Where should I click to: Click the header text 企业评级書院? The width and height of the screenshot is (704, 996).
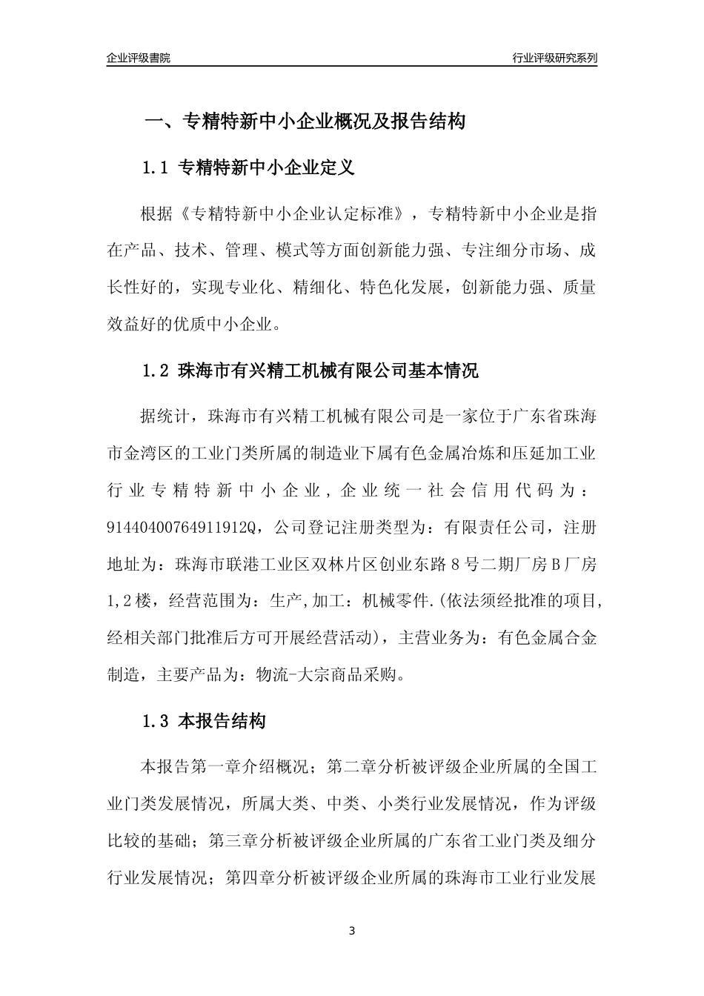(x=138, y=58)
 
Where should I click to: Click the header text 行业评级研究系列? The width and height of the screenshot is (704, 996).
(x=554, y=58)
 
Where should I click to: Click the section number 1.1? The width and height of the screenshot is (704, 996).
(x=156, y=168)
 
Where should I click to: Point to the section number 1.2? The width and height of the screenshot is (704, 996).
(x=156, y=371)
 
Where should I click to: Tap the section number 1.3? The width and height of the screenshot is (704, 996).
(x=156, y=721)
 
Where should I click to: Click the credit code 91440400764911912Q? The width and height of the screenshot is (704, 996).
(x=181, y=528)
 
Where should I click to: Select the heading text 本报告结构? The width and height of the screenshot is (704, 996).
(x=222, y=721)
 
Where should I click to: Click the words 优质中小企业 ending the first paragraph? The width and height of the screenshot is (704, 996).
(x=225, y=323)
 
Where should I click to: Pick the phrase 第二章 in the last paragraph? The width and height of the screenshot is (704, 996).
(x=351, y=767)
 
